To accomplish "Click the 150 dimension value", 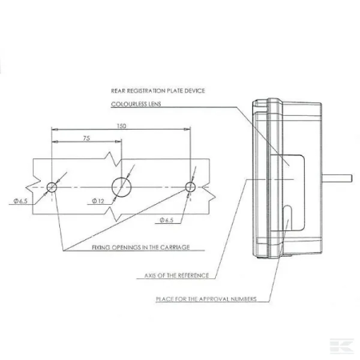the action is [122, 126].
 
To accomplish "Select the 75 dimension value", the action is [86, 138].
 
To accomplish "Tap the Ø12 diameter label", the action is [98, 201].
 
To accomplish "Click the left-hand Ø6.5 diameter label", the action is [21, 201].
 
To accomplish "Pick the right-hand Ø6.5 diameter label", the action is [166, 220].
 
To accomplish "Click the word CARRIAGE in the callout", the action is [175, 247].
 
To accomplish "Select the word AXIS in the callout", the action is [150, 275].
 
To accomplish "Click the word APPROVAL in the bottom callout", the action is [214, 299].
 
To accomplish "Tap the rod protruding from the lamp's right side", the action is [338, 178].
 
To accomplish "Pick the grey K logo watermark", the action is [342, 346].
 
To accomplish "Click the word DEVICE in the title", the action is [195, 91].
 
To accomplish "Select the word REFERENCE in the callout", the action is [194, 275].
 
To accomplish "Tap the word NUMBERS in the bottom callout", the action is [244, 299].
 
